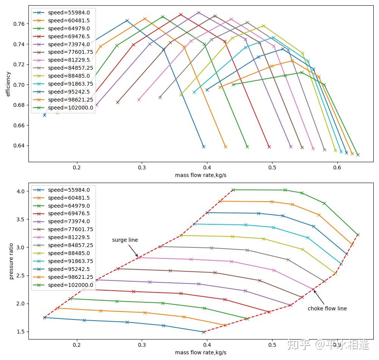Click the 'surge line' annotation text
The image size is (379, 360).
(125, 240)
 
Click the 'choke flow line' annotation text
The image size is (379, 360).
(327, 308)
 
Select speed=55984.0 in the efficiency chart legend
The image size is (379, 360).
(69, 13)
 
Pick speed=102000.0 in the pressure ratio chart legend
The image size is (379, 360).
(70, 285)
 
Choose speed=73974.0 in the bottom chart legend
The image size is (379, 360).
(69, 221)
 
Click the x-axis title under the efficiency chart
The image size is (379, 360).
(200, 175)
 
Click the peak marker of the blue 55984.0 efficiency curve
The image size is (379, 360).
(127, 20)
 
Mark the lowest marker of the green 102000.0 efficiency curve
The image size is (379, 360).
(358, 155)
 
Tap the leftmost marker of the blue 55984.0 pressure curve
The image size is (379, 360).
(44, 318)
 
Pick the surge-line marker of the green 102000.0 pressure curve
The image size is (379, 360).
(233, 190)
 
